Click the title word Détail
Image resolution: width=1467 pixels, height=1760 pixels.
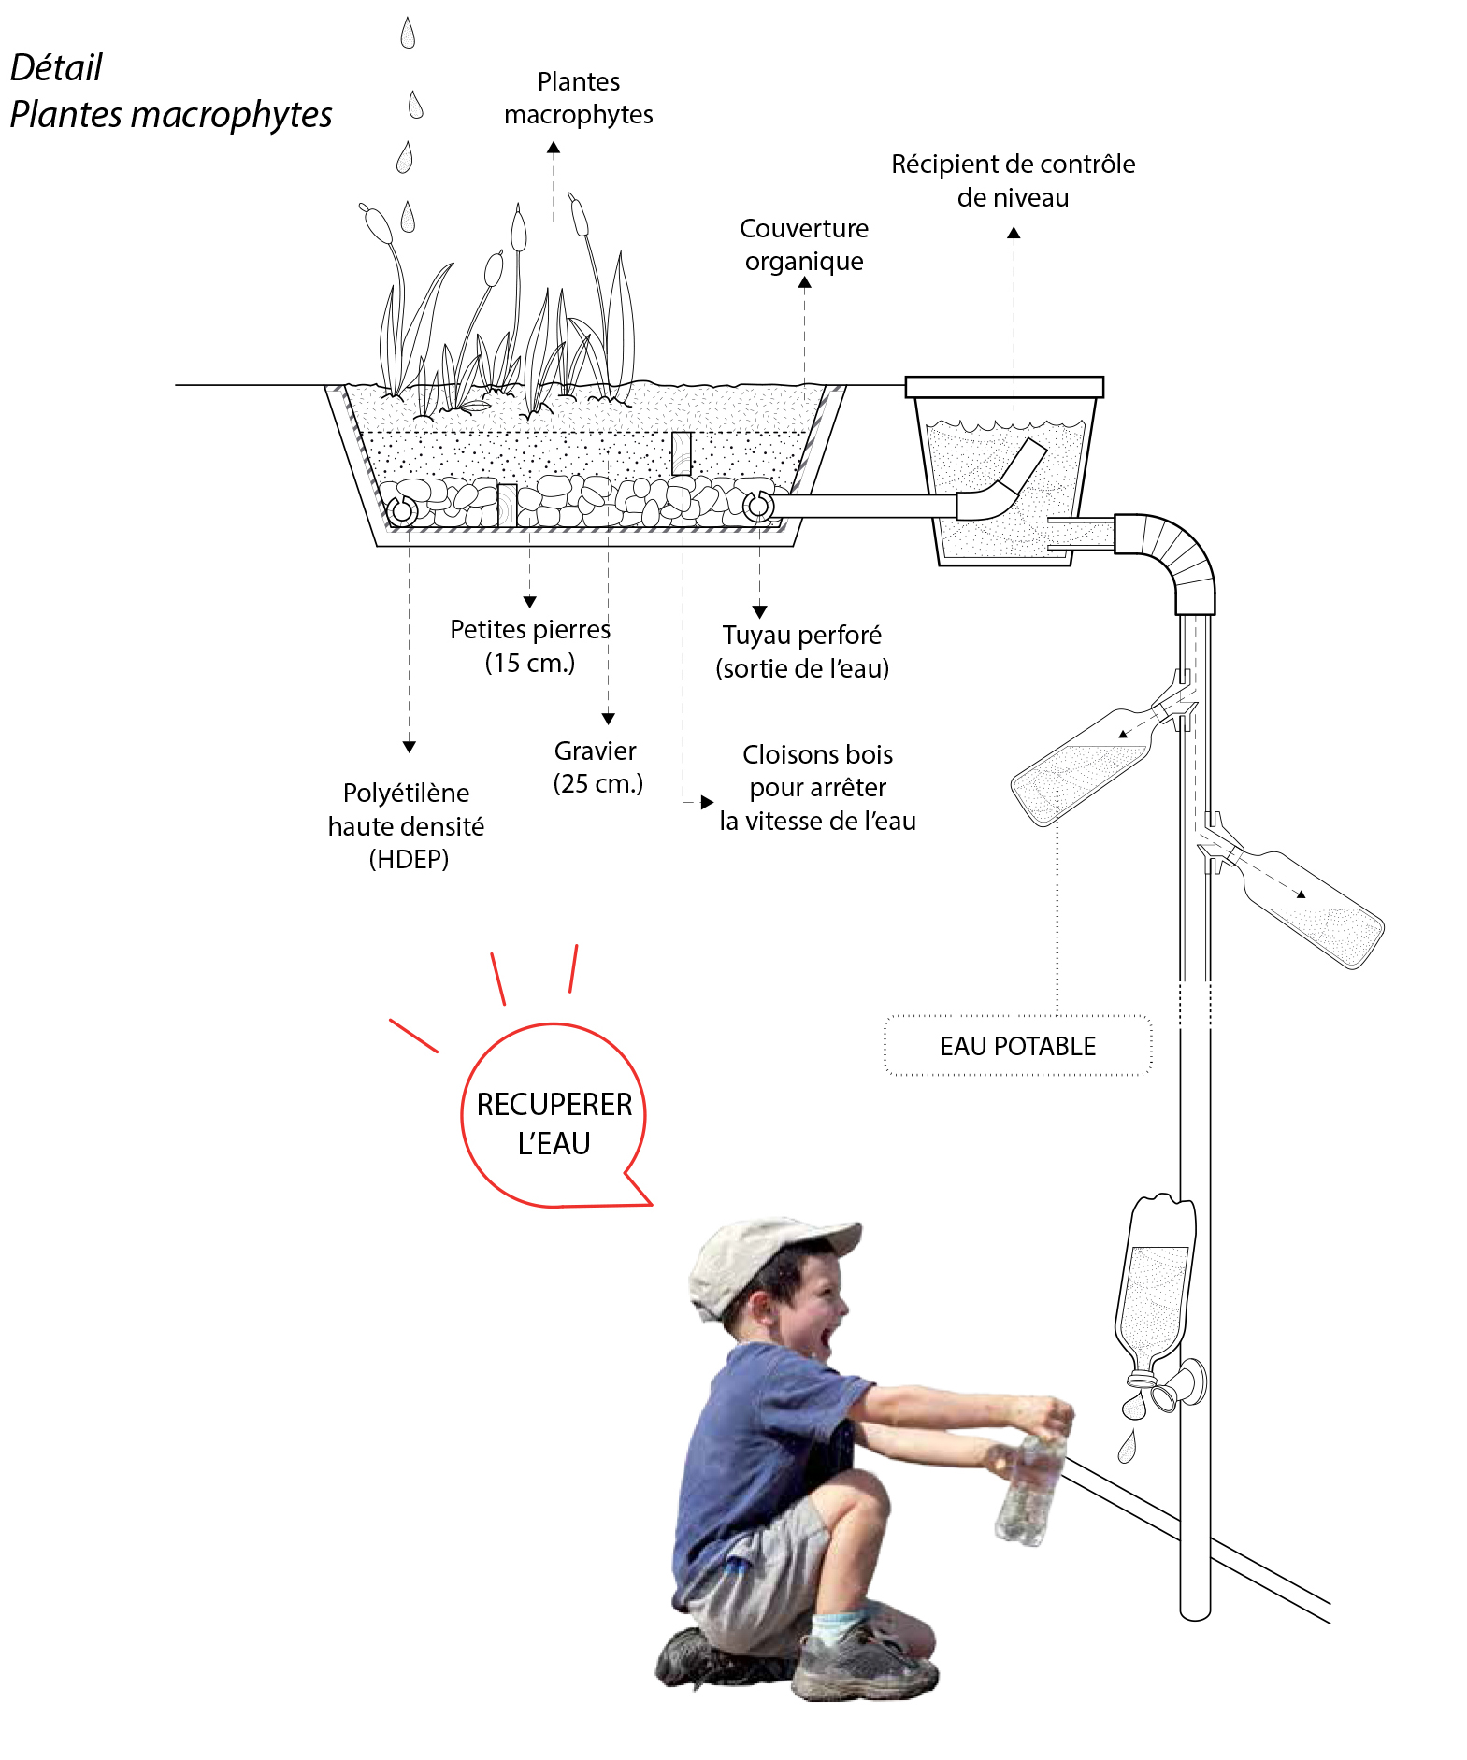pos(56,67)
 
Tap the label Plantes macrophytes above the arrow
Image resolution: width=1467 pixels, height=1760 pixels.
pos(578,98)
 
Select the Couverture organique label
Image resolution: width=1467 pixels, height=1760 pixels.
pos(804,244)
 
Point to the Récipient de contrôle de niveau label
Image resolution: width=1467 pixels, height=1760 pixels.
pos(1013,180)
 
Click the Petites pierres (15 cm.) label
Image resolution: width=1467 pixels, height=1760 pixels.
pos(529,646)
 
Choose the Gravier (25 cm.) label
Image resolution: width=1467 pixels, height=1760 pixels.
pos(597,766)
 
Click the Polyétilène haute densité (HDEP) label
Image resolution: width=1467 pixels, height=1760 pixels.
pos(407,825)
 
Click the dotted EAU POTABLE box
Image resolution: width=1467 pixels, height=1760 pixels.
pos(1017,1046)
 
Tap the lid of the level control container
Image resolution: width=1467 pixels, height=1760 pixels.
pos(1004,387)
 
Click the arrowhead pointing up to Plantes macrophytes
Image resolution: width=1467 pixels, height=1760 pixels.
pos(554,148)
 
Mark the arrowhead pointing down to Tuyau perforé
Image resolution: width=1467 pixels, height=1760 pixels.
pos(759,611)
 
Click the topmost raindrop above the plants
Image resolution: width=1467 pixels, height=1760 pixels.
pos(407,34)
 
